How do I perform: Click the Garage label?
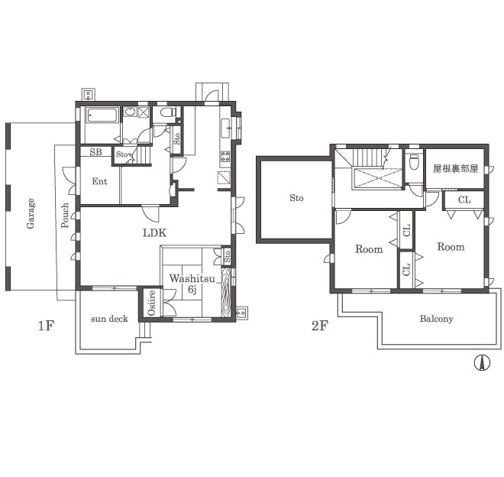coord(31,213)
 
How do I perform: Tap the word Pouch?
coord(65,216)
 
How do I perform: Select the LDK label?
coord(155,232)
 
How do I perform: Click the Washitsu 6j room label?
coord(192,284)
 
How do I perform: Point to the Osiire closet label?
coord(151,303)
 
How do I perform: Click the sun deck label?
coord(109,319)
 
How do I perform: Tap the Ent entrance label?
coord(99,181)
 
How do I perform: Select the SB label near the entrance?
coord(95,152)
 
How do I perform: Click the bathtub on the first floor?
coord(102,115)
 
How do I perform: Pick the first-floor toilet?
coord(168,112)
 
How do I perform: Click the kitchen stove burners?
coord(225,157)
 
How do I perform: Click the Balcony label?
coord(437,319)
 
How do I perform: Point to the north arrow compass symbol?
coord(482,363)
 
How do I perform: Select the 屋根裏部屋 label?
coord(455,168)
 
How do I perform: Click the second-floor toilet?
coord(415,162)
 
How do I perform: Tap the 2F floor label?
coord(320,326)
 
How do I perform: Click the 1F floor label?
coord(46,326)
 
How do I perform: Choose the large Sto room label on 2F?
coord(296,198)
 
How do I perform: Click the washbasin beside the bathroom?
coord(130,112)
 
